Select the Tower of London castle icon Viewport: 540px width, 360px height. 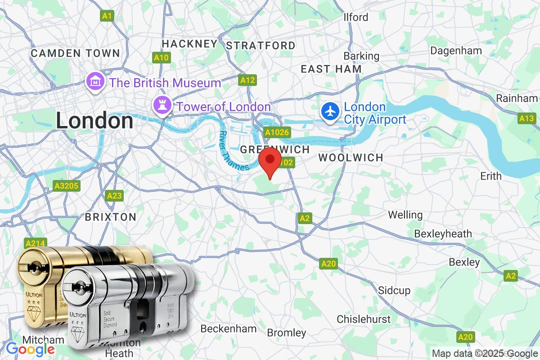161,106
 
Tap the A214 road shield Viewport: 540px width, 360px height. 35,243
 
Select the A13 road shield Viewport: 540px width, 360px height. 526,118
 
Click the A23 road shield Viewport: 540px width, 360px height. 114,196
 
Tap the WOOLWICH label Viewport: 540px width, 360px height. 351,157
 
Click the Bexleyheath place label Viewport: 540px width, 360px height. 443,234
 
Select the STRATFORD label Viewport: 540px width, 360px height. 261,45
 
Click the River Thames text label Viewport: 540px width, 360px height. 234,151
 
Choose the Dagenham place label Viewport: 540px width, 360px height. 456,50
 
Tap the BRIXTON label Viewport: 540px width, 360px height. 111,217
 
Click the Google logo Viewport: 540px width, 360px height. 30,349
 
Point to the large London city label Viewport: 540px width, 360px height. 94,121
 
